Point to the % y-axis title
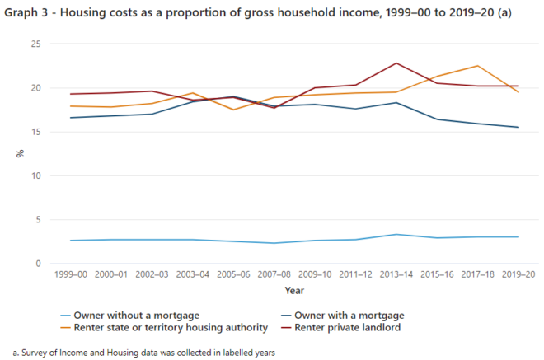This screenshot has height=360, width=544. tap(19, 154)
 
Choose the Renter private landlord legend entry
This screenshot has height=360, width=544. tap(357, 327)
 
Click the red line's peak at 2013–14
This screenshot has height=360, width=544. tap(396, 63)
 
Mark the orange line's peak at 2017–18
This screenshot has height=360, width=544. tap(477, 66)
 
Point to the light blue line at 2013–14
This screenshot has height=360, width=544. tap(396, 235)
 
